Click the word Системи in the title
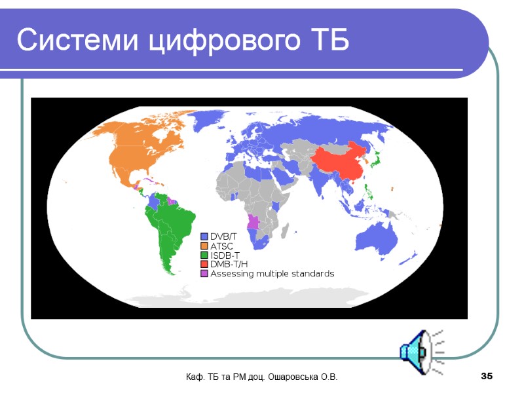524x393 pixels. click(x=77, y=41)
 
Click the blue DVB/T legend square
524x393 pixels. click(x=204, y=236)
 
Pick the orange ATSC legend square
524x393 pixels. click(x=204, y=246)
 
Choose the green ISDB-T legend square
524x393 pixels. click(x=204, y=255)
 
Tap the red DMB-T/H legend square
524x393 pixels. click(x=204, y=264)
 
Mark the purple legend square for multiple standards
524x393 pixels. click(x=204, y=273)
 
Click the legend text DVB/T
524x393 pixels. click(x=223, y=236)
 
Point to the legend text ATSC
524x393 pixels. click(x=222, y=246)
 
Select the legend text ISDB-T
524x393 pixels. click(x=225, y=255)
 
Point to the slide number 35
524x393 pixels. click(x=486, y=377)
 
